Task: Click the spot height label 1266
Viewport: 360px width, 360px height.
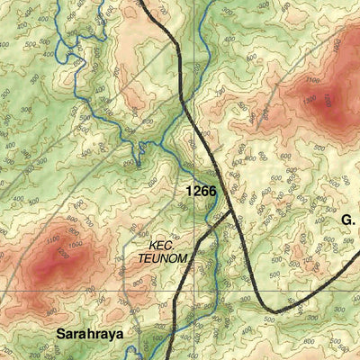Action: pyautogui.click(x=201, y=191)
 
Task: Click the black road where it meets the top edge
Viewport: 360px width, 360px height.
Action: pyautogui.click(x=143, y=2)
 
